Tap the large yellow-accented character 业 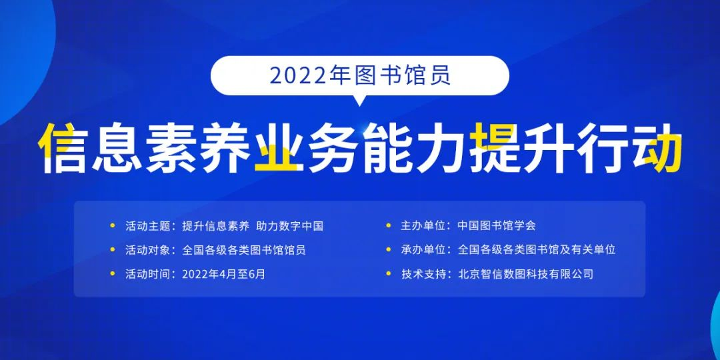276,147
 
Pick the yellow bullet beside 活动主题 113,225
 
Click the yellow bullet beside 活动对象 113,250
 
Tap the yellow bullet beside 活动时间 113,274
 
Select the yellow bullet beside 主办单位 389,225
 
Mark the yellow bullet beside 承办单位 389,250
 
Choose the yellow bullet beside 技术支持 389,274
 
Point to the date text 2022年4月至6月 223,275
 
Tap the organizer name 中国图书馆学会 497,226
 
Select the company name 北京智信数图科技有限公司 526,275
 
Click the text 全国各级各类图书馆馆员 244,250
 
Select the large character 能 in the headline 389,147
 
